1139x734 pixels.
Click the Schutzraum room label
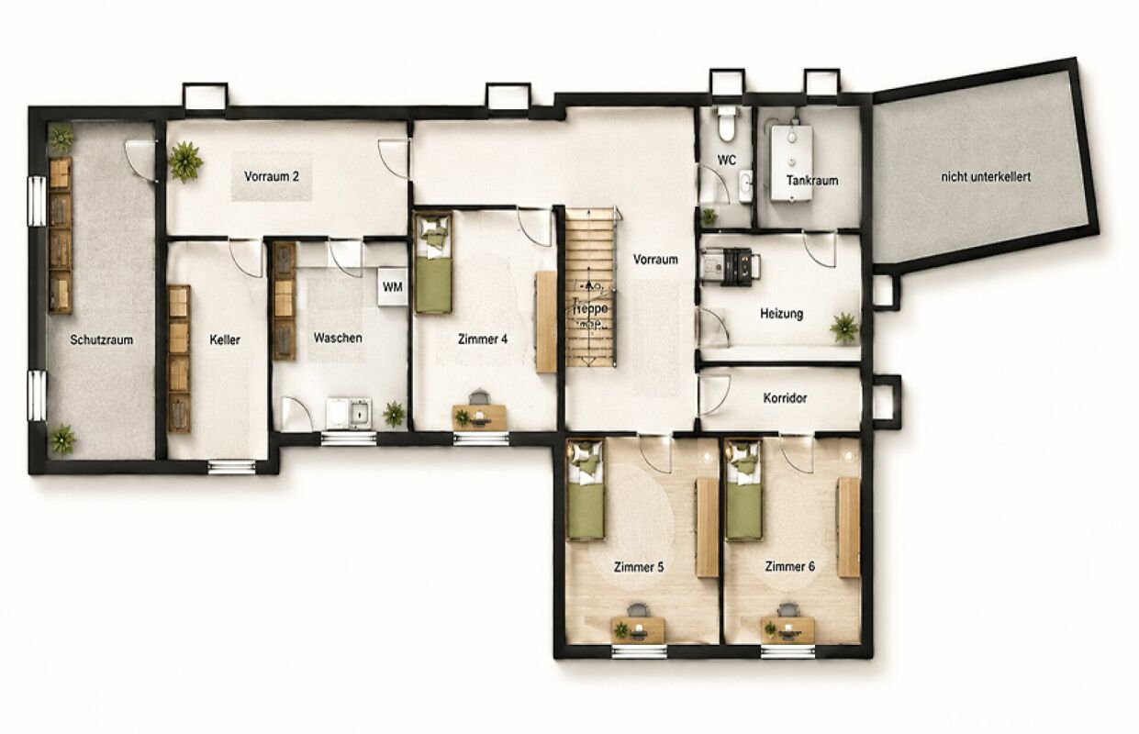[x=101, y=339]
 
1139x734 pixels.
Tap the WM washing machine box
[x=392, y=287]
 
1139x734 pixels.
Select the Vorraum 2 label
[x=272, y=176]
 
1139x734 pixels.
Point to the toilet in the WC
[x=726, y=124]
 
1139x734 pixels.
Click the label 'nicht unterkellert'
[x=986, y=177]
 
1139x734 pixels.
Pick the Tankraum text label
[x=812, y=181]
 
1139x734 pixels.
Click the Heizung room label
[x=782, y=313]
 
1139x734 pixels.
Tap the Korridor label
[x=785, y=398]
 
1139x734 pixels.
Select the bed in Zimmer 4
[x=433, y=262]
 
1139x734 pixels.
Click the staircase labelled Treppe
[x=591, y=288]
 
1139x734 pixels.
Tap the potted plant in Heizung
[x=843, y=327]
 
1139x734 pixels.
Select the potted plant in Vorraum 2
[x=186, y=162]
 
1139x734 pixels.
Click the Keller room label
[x=225, y=339]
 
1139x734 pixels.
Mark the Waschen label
[x=338, y=338]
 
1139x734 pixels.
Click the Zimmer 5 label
[x=639, y=567]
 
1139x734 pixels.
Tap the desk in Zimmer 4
[x=479, y=417]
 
